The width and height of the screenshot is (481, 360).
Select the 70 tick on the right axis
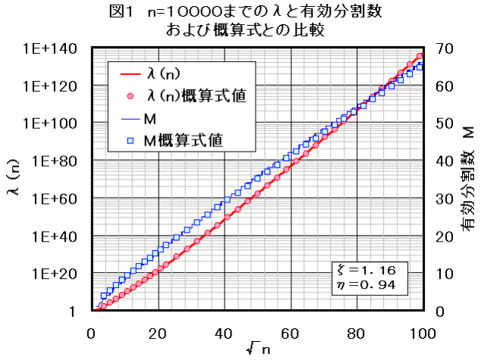(x=445, y=49)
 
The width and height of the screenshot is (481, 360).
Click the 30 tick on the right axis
(x=445, y=199)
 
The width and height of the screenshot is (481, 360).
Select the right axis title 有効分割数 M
(x=467, y=180)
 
